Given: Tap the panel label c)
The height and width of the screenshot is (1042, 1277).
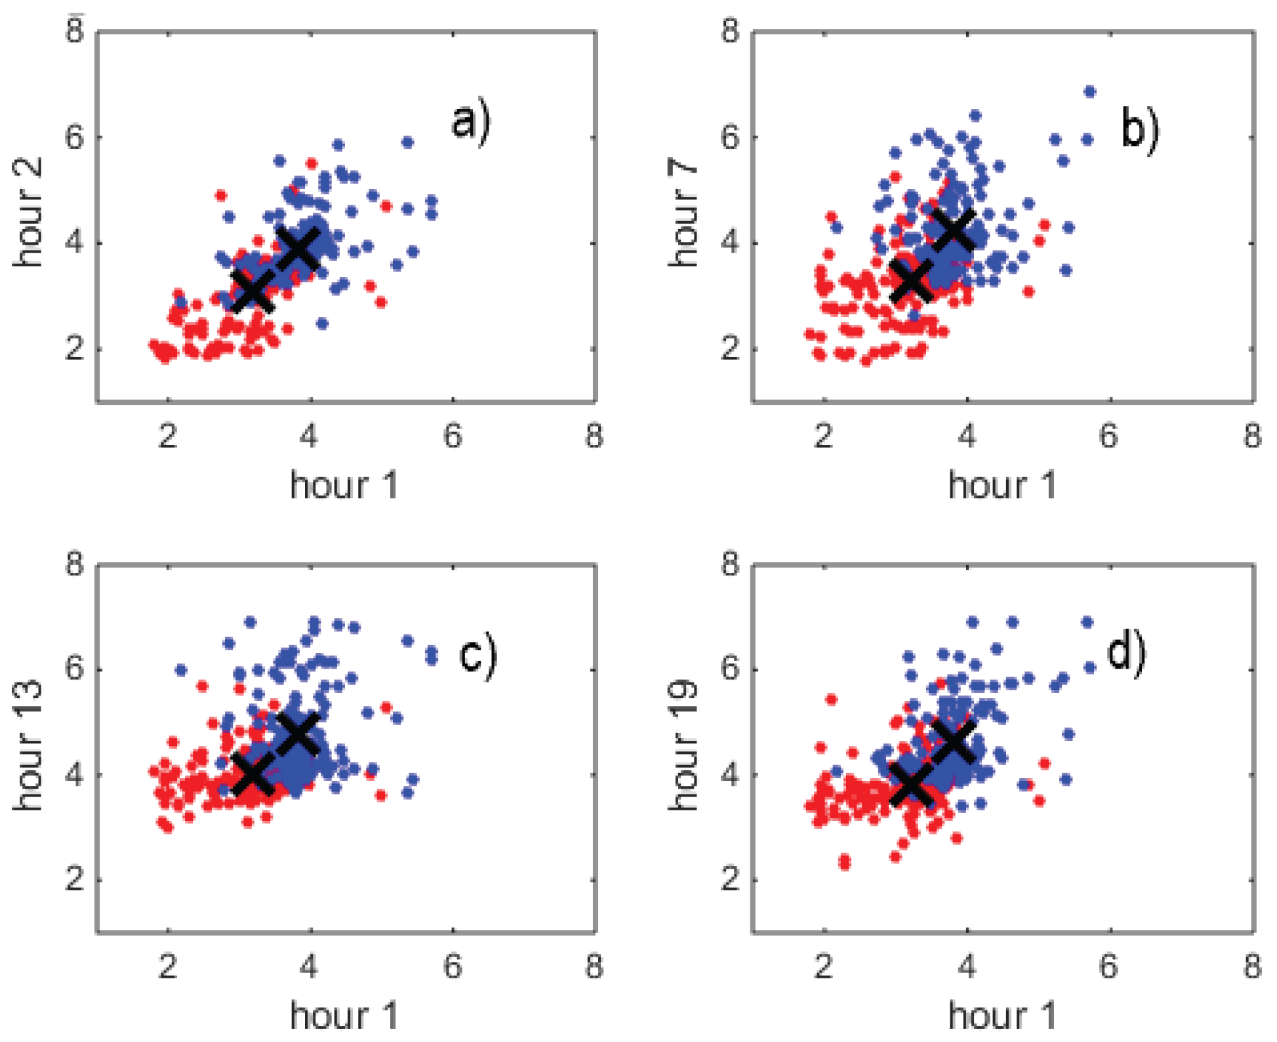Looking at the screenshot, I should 477,656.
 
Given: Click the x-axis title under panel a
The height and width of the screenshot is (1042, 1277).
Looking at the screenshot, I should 344,486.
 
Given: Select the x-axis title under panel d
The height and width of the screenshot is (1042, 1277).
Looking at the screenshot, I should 1002,1016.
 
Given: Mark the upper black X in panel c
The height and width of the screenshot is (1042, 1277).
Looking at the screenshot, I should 298,733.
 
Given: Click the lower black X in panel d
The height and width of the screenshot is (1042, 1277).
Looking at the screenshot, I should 911,783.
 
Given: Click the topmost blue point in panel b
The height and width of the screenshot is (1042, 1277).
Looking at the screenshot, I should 1089,92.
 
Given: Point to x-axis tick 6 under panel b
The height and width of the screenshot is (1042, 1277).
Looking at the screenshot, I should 1108,436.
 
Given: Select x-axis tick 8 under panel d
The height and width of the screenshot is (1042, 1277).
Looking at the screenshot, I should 1252,967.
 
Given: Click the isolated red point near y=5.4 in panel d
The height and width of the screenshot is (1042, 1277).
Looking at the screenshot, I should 831,699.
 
